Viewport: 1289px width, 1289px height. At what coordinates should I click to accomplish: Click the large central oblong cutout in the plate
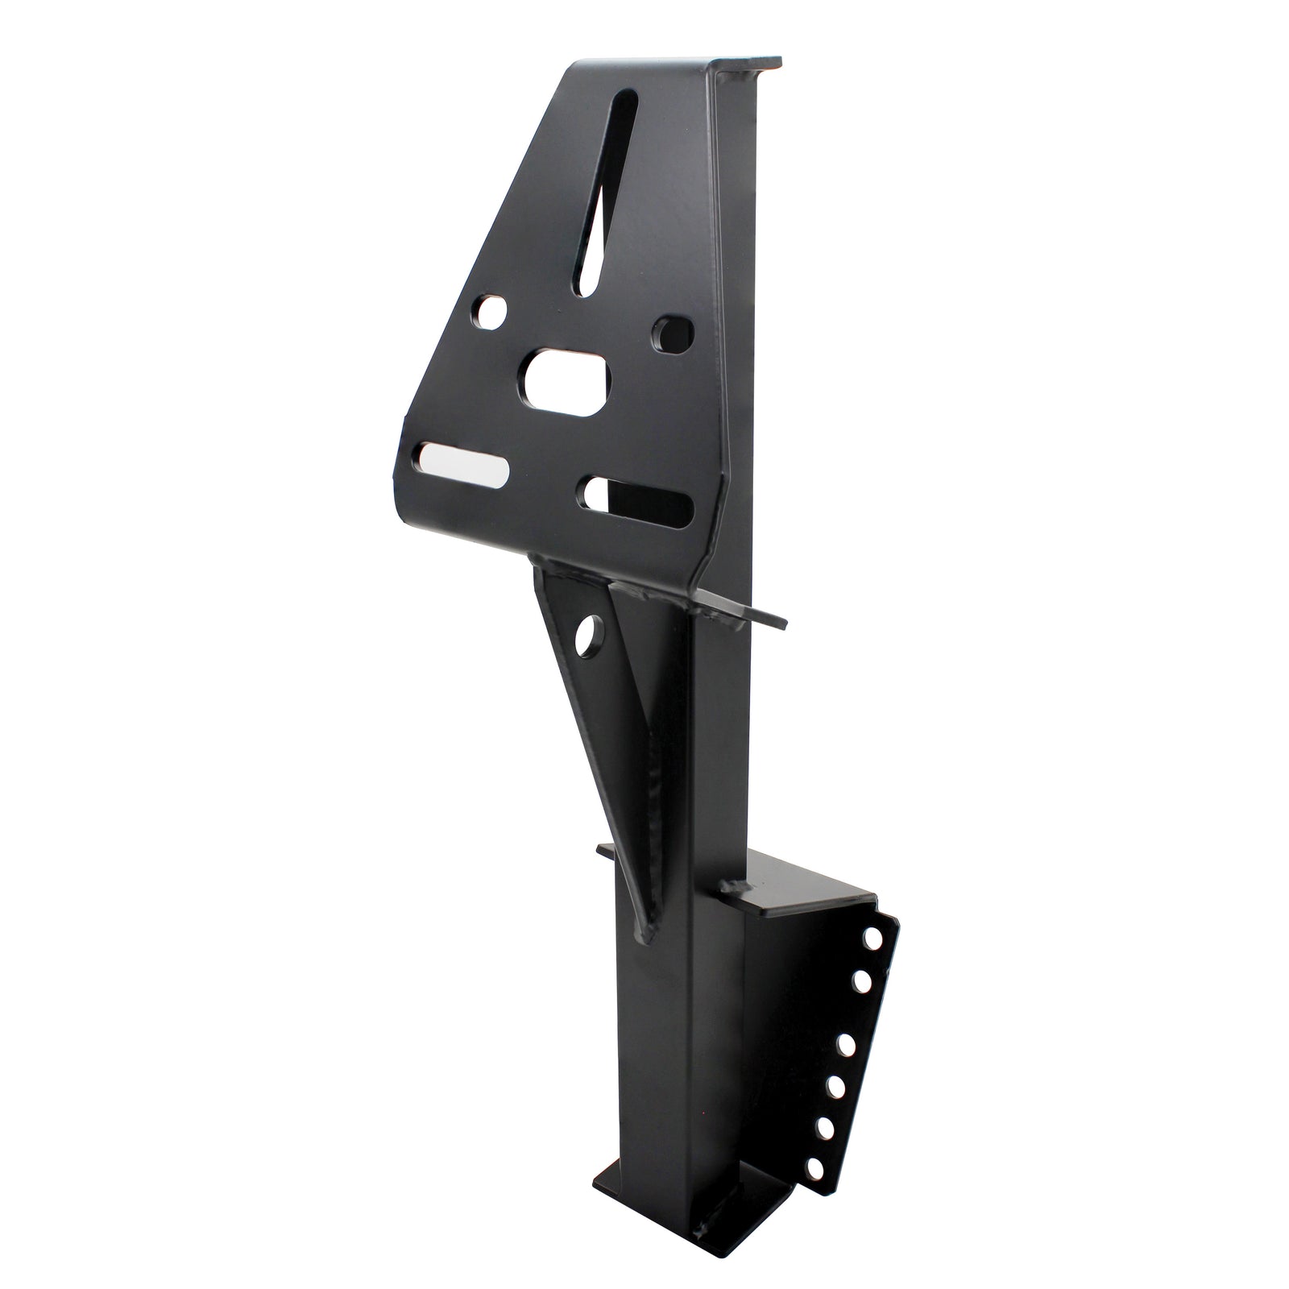pyautogui.click(x=568, y=381)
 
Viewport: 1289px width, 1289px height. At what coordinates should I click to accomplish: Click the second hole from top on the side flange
pyautogui.click(x=861, y=981)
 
